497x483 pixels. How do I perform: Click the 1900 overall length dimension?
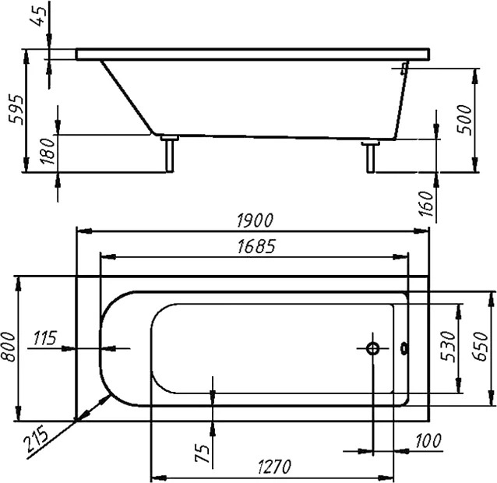click(255, 220)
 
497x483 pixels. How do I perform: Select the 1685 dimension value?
click(256, 246)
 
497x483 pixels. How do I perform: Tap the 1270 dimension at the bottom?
click(274, 467)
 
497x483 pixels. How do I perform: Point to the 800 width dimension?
click(8, 347)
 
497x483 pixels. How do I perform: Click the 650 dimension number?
click(480, 347)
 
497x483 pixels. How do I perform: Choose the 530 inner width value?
click(448, 347)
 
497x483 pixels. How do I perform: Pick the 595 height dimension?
click(16, 109)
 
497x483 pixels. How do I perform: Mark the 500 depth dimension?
click(464, 119)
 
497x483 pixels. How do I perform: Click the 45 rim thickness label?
click(38, 16)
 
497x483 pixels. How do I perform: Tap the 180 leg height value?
click(48, 151)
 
